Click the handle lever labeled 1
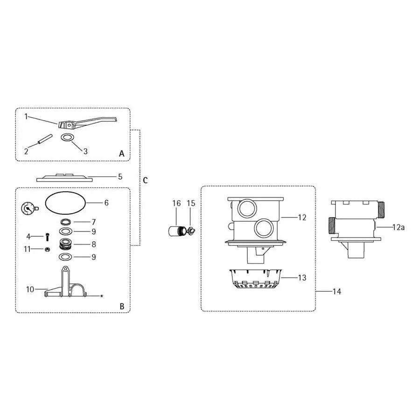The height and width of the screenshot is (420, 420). [x=84, y=123]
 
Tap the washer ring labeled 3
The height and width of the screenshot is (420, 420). [x=68, y=138]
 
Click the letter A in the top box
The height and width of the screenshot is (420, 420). [x=121, y=153]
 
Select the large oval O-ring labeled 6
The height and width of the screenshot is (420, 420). [x=65, y=203]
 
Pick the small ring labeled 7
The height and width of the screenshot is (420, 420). [x=66, y=221]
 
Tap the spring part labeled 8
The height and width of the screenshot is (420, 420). [x=66, y=244]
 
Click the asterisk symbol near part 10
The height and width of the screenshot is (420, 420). [x=101, y=296]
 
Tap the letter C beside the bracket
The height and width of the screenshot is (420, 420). [x=145, y=181]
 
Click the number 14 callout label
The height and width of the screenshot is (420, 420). [x=336, y=292]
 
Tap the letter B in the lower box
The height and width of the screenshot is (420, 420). [x=121, y=306]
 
